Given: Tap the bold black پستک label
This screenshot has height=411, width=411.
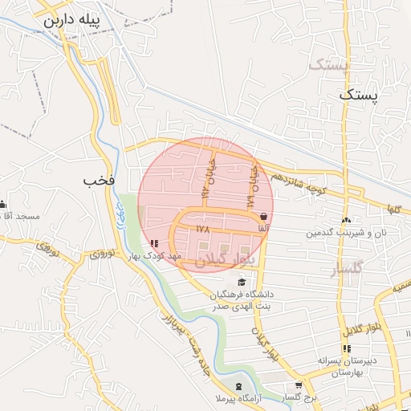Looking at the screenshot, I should point(357,95).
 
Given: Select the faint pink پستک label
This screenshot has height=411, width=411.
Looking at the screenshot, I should point(330,64).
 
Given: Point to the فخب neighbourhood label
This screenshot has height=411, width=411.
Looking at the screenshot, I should point(100,181).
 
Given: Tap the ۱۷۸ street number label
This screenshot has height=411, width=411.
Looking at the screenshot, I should point(201,230).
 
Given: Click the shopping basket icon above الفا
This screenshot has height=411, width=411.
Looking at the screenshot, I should point(264,216).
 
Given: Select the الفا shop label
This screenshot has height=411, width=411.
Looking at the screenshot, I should point(262,227).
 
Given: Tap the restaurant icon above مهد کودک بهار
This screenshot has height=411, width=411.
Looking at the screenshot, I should point(153,243).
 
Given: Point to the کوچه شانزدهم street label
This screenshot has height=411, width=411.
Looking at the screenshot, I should point(298,183).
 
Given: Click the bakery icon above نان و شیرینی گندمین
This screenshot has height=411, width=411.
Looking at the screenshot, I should point(345,221).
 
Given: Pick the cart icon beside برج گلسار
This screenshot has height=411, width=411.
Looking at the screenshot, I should point(299,385).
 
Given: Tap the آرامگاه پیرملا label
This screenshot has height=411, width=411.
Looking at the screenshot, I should point(242,398).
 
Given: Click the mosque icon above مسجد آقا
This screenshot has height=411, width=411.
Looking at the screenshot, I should point(3,204).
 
